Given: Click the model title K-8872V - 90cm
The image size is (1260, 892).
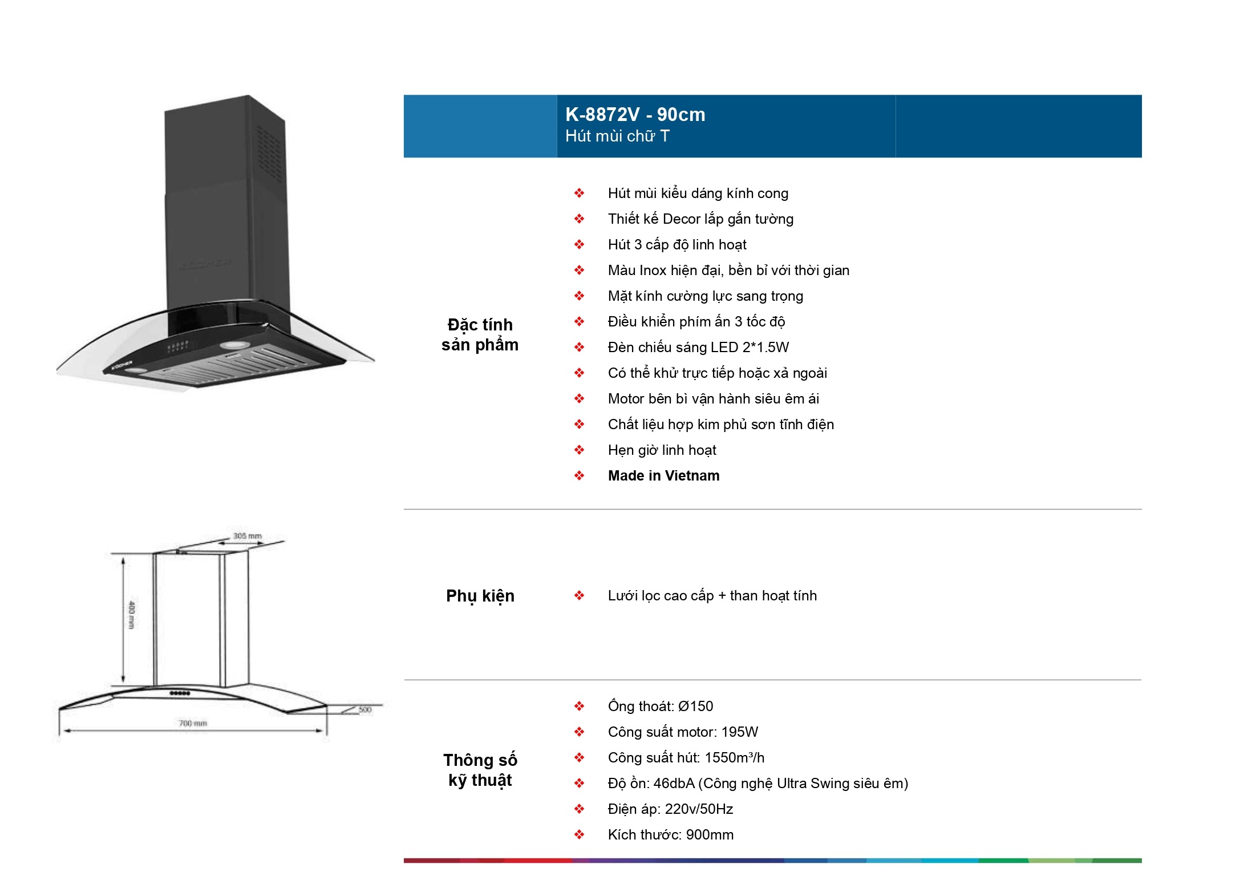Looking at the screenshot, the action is pos(635,115).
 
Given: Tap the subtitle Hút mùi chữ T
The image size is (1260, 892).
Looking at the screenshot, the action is pos(617,136).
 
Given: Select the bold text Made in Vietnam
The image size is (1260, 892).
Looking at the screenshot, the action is pos(663,476).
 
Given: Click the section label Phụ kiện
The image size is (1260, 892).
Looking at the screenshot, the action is pos(480,596).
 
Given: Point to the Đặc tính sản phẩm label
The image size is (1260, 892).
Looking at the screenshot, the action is pos(480,335).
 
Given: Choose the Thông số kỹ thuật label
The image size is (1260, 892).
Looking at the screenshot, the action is pos(480,770).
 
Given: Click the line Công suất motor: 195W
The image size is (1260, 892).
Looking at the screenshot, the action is pos(683,732).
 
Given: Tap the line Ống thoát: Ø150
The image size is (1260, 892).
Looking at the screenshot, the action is pos(661,707).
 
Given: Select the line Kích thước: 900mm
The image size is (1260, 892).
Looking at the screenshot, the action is pos(671,835).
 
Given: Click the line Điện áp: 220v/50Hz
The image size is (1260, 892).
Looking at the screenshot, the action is pos(670,809).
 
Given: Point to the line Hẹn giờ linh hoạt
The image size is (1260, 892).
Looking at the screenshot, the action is pos(662,450).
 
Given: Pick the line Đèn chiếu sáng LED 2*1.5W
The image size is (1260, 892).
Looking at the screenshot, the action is pos(698,348).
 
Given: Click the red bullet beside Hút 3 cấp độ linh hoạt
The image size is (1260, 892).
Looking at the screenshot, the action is pos(580,245).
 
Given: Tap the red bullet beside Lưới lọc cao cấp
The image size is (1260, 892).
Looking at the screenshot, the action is pos(580,596).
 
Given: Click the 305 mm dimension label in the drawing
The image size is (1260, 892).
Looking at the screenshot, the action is pos(248,536).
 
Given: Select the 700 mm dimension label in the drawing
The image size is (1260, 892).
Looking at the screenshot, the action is pos(193,723).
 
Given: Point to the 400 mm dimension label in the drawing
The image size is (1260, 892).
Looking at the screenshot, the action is pos(132,615).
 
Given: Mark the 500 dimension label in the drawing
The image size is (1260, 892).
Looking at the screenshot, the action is pos(365,709).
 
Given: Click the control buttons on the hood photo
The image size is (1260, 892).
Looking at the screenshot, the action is pos(178,346).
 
